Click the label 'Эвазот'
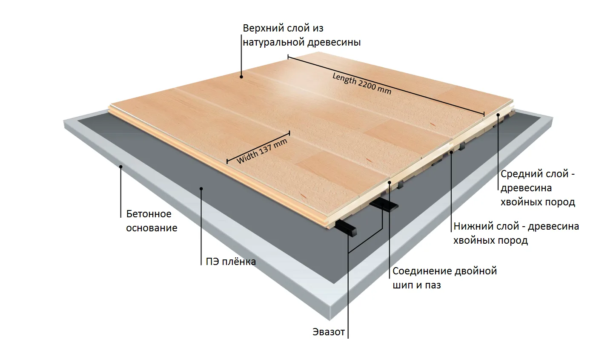tap(329, 332)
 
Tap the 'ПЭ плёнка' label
tap(231, 262)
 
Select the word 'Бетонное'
tap(149, 214)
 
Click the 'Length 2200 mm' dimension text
tap(362, 84)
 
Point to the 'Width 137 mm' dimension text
tap(262, 151)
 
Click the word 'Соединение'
tap(421, 271)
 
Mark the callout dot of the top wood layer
tap(241, 77)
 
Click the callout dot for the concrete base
tap(120, 167)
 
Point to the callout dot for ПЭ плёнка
tap(201, 188)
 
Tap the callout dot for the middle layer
tap(498, 115)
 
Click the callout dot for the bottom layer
tap(451, 153)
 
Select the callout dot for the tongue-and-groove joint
tap(389, 182)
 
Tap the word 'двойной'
tap(475, 271)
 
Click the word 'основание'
tap(152, 228)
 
